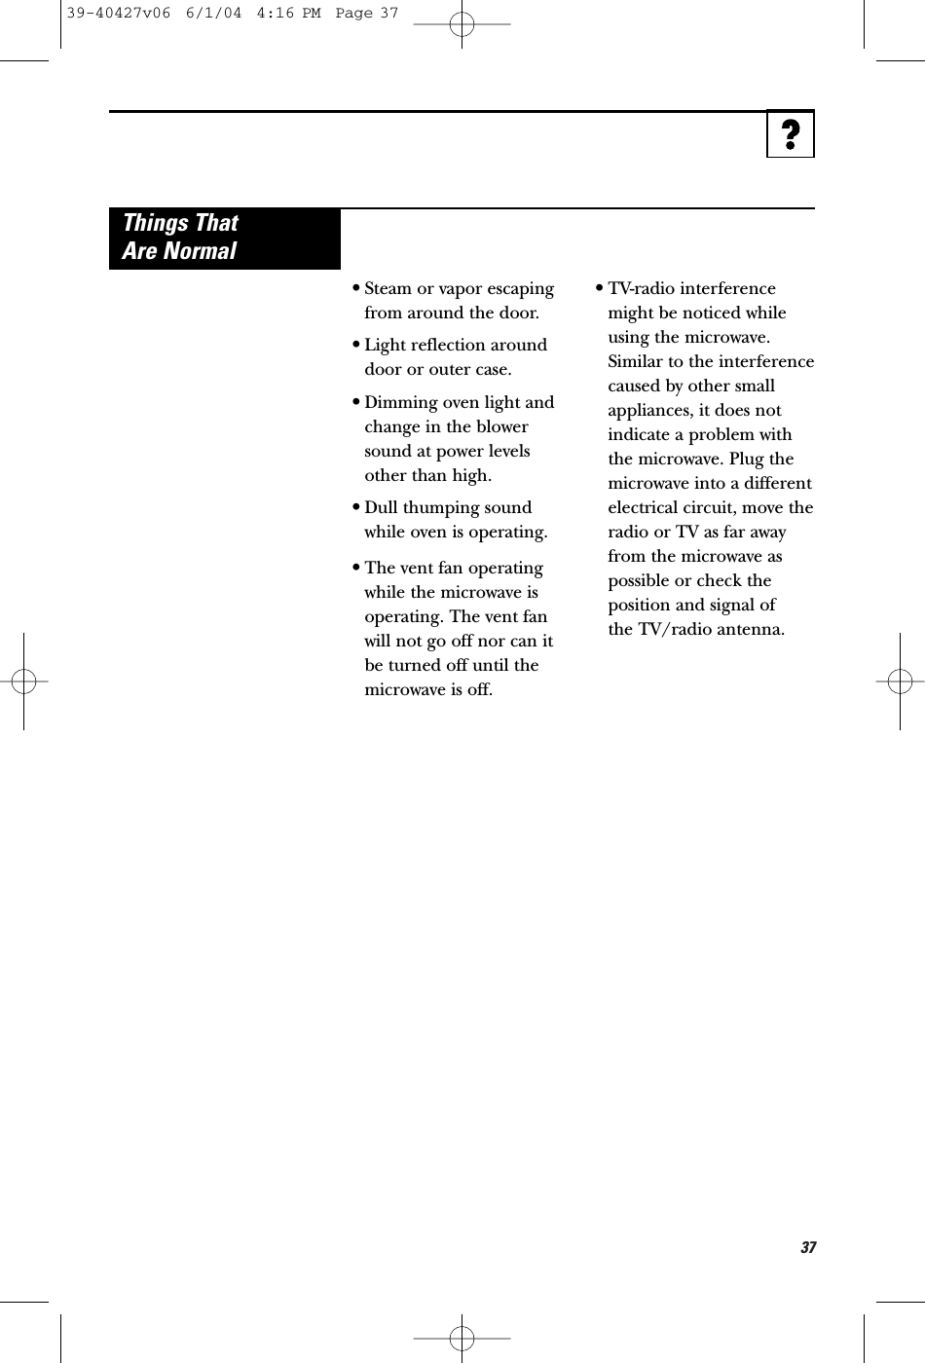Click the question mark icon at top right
click(791, 134)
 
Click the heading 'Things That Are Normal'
click(180, 237)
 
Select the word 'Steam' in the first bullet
click(388, 289)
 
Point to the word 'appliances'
click(649, 411)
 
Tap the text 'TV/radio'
click(672, 629)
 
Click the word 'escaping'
click(522, 289)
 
